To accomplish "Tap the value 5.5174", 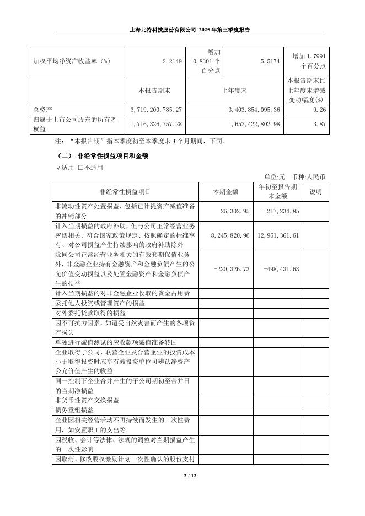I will pyautogui.click(x=271, y=61).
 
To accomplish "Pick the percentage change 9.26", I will pyautogui.click(x=319, y=110).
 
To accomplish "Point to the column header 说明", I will pyautogui.click(x=315, y=192).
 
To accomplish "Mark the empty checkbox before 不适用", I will pyautogui.click(x=80, y=168).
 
